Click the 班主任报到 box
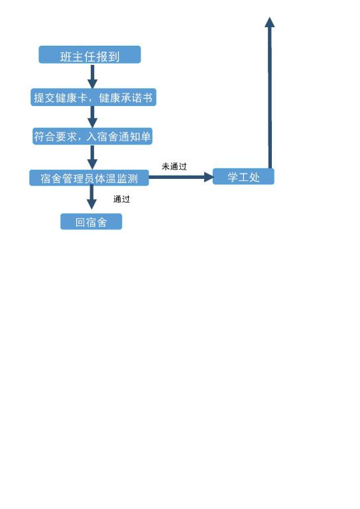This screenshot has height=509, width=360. click(x=90, y=54)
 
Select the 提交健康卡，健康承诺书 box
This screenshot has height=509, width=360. click(x=93, y=97)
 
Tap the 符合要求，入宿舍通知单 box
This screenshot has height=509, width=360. click(x=92, y=137)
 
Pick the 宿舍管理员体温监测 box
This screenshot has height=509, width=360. click(x=89, y=178)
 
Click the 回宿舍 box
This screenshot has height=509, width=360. click(x=91, y=222)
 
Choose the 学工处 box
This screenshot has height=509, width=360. click(x=243, y=177)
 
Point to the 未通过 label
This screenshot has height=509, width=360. click(x=174, y=166)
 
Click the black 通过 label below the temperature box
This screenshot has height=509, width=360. click(x=122, y=199)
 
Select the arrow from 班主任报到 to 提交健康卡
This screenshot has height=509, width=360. click(x=93, y=76)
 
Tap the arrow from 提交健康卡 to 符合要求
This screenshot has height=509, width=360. click(x=93, y=117)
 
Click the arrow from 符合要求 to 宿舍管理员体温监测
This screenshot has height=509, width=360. click(x=93, y=158)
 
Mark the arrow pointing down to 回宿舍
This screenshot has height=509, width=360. click(x=91, y=198)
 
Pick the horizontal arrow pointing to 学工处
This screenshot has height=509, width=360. click(x=181, y=177)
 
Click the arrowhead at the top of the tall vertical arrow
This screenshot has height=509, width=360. click(x=269, y=22)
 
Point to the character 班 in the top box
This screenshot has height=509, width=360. click(x=66, y=57)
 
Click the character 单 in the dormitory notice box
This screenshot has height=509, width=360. click(x=145, y=137)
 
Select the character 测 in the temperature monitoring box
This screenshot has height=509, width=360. click(x=133, y=178)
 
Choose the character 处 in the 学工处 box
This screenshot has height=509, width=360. click(x=254, y=177)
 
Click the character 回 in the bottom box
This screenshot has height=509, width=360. click(x=80, y=222)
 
